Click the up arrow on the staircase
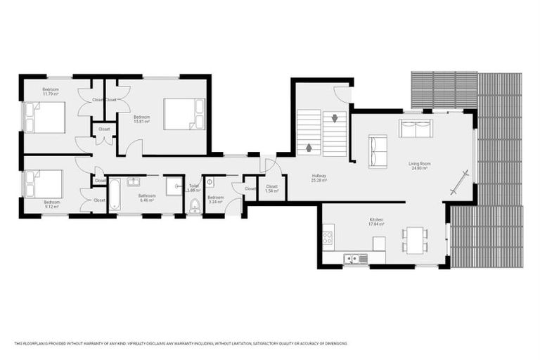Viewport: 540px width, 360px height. click(x=309, y=148)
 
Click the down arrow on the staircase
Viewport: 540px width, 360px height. click(x=335, y=118)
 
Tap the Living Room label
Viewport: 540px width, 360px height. click(x=419, y=166)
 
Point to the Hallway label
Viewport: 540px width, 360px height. click(x=319, y=177)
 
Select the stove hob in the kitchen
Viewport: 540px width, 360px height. click(x=327, y=237)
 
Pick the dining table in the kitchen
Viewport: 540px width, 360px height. click(x=414, y=239)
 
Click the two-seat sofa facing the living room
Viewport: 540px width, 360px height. click(x=416, y=129)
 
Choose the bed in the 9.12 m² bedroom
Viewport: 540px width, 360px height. click(x=44, y=184)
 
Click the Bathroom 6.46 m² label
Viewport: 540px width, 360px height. click(x=147, y=198)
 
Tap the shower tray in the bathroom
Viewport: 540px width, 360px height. click(x=174, y=186)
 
